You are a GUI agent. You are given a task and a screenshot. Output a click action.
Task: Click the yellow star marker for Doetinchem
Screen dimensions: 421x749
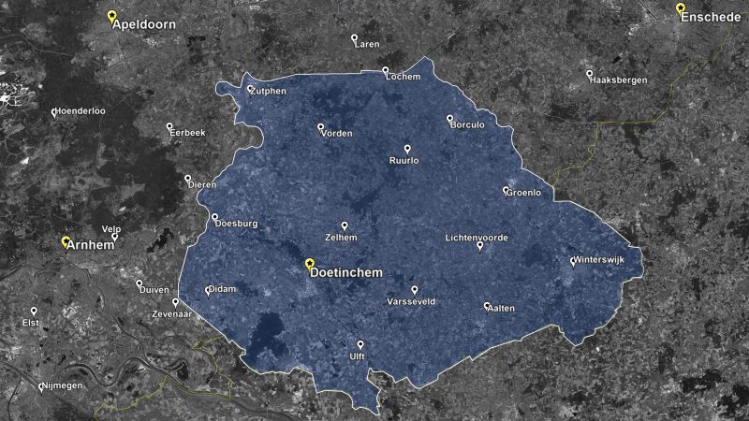pos(310,262)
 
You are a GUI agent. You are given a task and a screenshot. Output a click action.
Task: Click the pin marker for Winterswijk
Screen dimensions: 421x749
pos(573,261)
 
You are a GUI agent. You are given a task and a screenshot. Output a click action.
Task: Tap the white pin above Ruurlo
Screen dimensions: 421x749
pos(407,149)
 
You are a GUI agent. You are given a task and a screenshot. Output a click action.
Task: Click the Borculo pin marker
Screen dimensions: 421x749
pos(449,118)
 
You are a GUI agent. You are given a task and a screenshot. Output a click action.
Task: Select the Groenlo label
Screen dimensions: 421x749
pos(523,194)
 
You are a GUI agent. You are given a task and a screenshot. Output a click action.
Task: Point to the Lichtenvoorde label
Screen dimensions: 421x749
pos(476,238)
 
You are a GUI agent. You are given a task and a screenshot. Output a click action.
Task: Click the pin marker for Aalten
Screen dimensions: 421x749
pos(487,305)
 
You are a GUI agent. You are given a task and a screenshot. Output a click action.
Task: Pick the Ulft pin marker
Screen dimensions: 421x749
pos(360,344)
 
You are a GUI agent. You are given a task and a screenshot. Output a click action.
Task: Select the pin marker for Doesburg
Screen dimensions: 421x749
pos(214,216)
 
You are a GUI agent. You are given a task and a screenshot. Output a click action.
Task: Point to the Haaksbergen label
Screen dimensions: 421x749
pos(619,80)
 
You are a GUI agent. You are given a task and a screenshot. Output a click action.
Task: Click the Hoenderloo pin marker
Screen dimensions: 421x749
pos(54,111)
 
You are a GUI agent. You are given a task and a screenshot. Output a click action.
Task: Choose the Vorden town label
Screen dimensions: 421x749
pos(336,134)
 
